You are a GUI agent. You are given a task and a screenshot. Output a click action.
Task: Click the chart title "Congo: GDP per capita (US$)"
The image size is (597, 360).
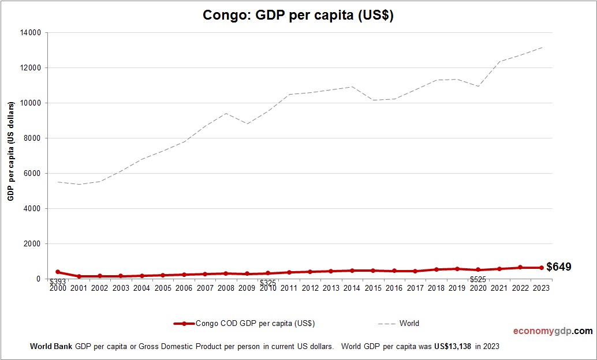[x=298, y=16]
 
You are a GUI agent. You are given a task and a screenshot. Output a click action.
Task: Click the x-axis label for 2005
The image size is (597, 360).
[x=163, y=288]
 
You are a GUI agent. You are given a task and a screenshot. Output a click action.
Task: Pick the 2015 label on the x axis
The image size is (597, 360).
[x=373, y=288]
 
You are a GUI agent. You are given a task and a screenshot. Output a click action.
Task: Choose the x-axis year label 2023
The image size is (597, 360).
[x=541, y=288]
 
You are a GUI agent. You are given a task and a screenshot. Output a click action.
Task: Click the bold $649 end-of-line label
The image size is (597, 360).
[x=558, y=267]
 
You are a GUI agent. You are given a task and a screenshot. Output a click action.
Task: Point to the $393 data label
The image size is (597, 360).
[x=58, y=282]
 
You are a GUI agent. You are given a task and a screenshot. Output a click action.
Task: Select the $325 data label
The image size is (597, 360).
[x=268, y=282]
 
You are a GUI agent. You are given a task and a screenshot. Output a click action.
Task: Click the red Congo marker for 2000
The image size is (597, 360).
[x=58, y=272]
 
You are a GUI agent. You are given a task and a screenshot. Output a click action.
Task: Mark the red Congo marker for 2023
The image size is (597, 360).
[x=541, y=268]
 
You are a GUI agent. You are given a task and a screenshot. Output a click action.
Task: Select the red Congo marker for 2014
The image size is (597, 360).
[x=352, y=271]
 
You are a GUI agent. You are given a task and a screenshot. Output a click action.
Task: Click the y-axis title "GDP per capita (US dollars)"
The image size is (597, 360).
[x=10, y=151]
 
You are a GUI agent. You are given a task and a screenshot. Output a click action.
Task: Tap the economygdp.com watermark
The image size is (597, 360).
[x=553, y=331]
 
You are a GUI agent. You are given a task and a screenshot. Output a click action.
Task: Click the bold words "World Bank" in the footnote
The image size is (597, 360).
[x=51, y=347]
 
